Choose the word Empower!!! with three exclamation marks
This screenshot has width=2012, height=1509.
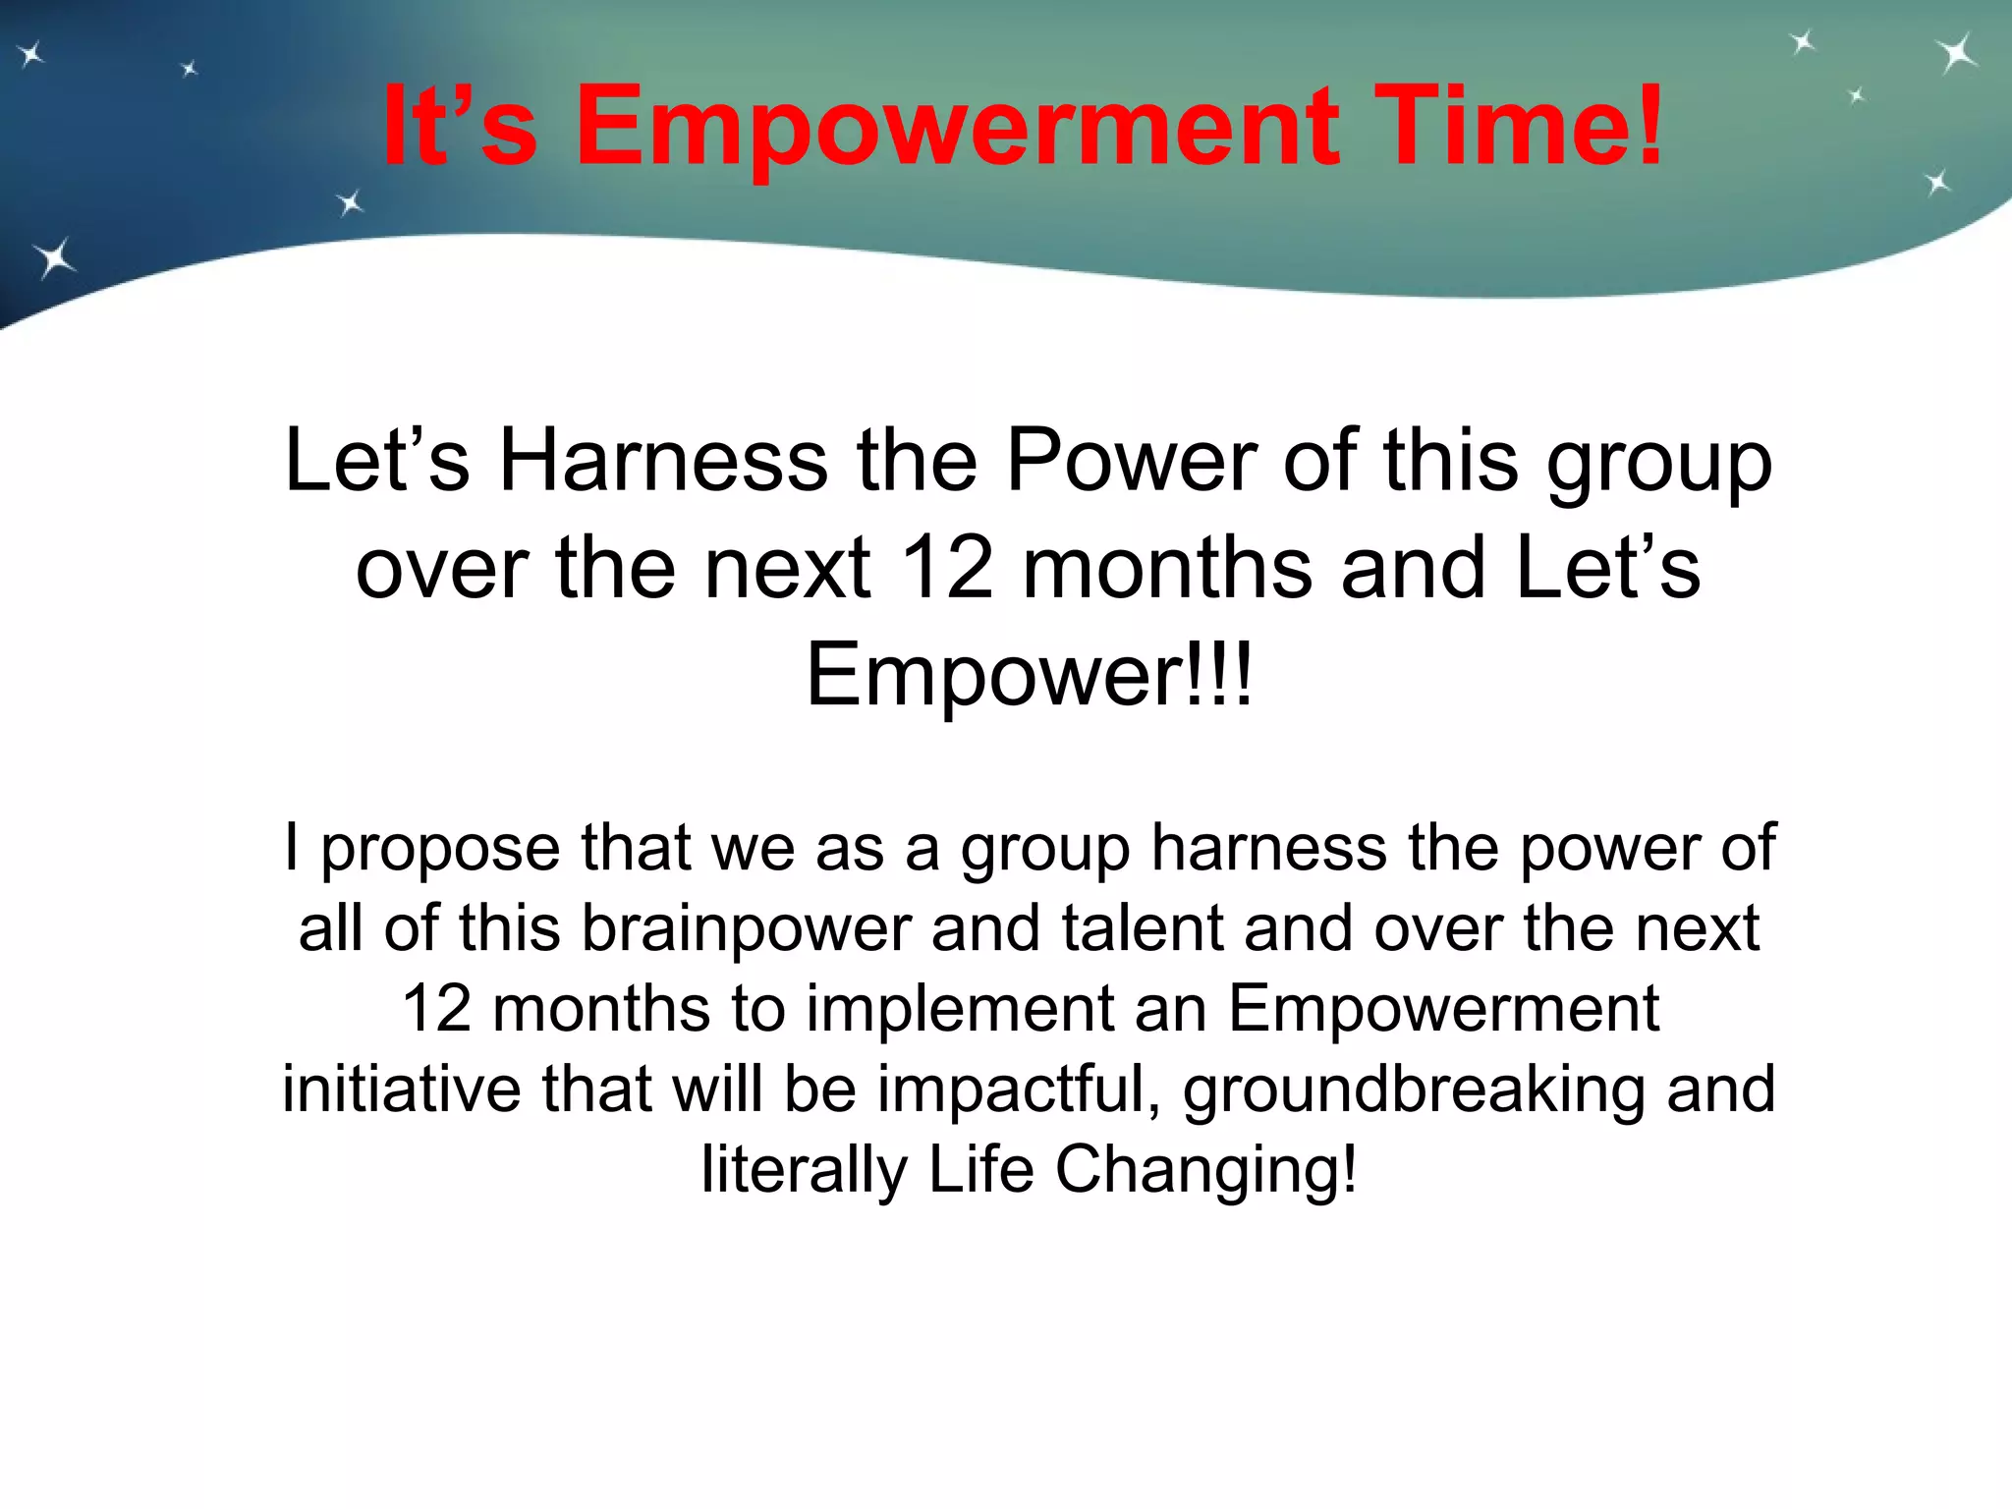(1029, 675)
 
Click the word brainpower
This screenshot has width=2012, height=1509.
(747, 928)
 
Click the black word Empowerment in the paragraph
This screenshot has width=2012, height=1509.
(1443, 1009)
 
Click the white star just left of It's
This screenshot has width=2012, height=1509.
(350, 203)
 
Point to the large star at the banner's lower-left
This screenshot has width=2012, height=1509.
(55, 258)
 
